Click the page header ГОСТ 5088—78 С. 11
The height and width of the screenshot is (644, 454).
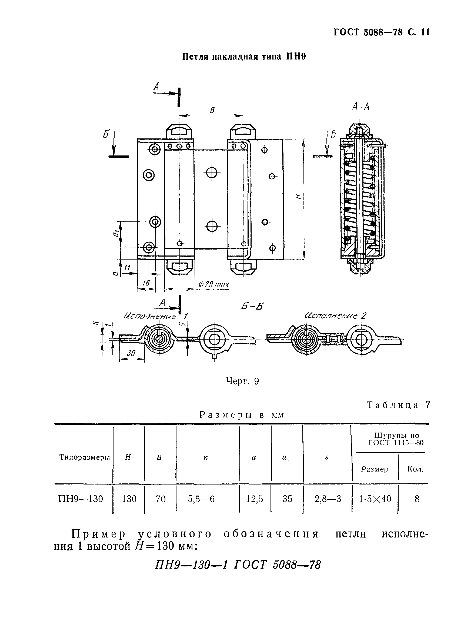point(381,32)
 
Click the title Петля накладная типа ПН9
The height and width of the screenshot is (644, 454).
point(244,57)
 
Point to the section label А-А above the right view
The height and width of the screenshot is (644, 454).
point(360,107)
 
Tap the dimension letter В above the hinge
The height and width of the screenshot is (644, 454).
point(212,110)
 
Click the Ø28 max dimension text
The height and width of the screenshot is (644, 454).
point(214,285)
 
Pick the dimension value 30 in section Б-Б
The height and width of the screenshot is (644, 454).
point(131,353)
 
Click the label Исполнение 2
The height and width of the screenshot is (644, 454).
point(335,316)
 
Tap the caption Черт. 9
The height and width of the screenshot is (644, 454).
point(242,381)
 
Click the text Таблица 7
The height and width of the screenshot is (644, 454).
point(398,405)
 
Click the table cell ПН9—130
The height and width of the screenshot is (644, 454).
point(81,499)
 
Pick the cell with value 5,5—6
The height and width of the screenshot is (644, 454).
point(201,499)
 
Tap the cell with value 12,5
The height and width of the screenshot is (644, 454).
point(255,499)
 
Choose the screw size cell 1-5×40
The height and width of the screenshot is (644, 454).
point(375,499)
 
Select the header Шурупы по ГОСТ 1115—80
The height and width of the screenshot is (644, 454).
point(396,439)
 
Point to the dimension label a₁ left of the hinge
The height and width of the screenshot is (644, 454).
point(116,233)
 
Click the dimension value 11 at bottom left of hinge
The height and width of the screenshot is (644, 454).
point(127,268)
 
